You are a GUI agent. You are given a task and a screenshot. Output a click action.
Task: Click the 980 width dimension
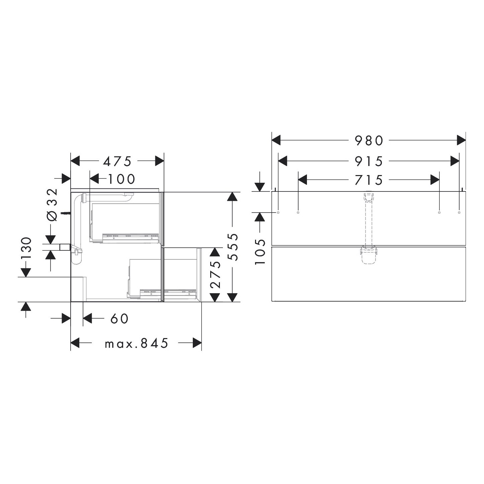tap(369, 141)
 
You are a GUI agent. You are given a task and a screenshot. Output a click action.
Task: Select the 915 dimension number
tap(369, 161)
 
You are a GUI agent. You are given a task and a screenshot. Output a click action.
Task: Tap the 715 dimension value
tap(369, 180)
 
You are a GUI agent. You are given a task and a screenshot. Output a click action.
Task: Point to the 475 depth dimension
tap(117, 161)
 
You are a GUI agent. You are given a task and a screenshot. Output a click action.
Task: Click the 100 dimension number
tap(122, 179)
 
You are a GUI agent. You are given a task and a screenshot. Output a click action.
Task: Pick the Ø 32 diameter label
tap(52, 205)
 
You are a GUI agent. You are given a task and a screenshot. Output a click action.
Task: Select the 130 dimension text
tap(27, 248)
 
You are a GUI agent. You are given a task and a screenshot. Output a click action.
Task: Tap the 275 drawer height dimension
tap(215, 274)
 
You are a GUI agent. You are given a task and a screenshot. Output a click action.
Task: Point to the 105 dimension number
tap(260, 252)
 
